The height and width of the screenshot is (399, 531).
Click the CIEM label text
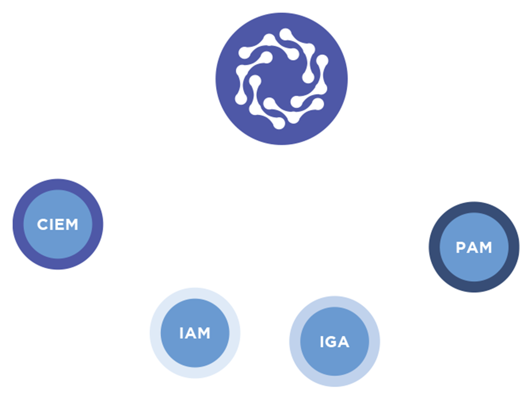57,224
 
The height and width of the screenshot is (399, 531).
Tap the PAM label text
474,247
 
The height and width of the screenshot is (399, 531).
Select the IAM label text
195,333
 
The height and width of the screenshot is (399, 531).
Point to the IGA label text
334,342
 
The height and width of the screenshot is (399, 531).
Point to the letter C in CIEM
42,224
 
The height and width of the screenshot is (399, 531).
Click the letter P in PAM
460,247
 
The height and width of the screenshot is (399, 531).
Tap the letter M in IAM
204,333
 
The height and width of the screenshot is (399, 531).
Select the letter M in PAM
486,247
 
